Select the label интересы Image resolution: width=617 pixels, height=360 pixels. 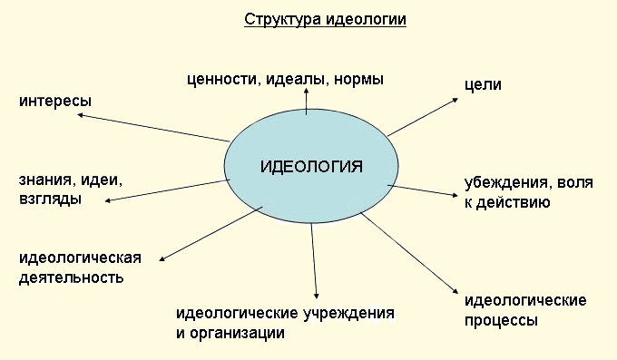coord(55,100)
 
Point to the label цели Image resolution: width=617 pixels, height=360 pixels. coord(482,85)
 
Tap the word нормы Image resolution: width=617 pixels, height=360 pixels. coord(358,79)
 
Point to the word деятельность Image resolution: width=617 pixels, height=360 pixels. coord(71,277)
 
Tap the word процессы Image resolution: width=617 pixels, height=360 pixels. coord(500,320)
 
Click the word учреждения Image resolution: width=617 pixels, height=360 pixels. coord(348,314)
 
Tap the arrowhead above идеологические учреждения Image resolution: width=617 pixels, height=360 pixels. coord(316,294)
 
